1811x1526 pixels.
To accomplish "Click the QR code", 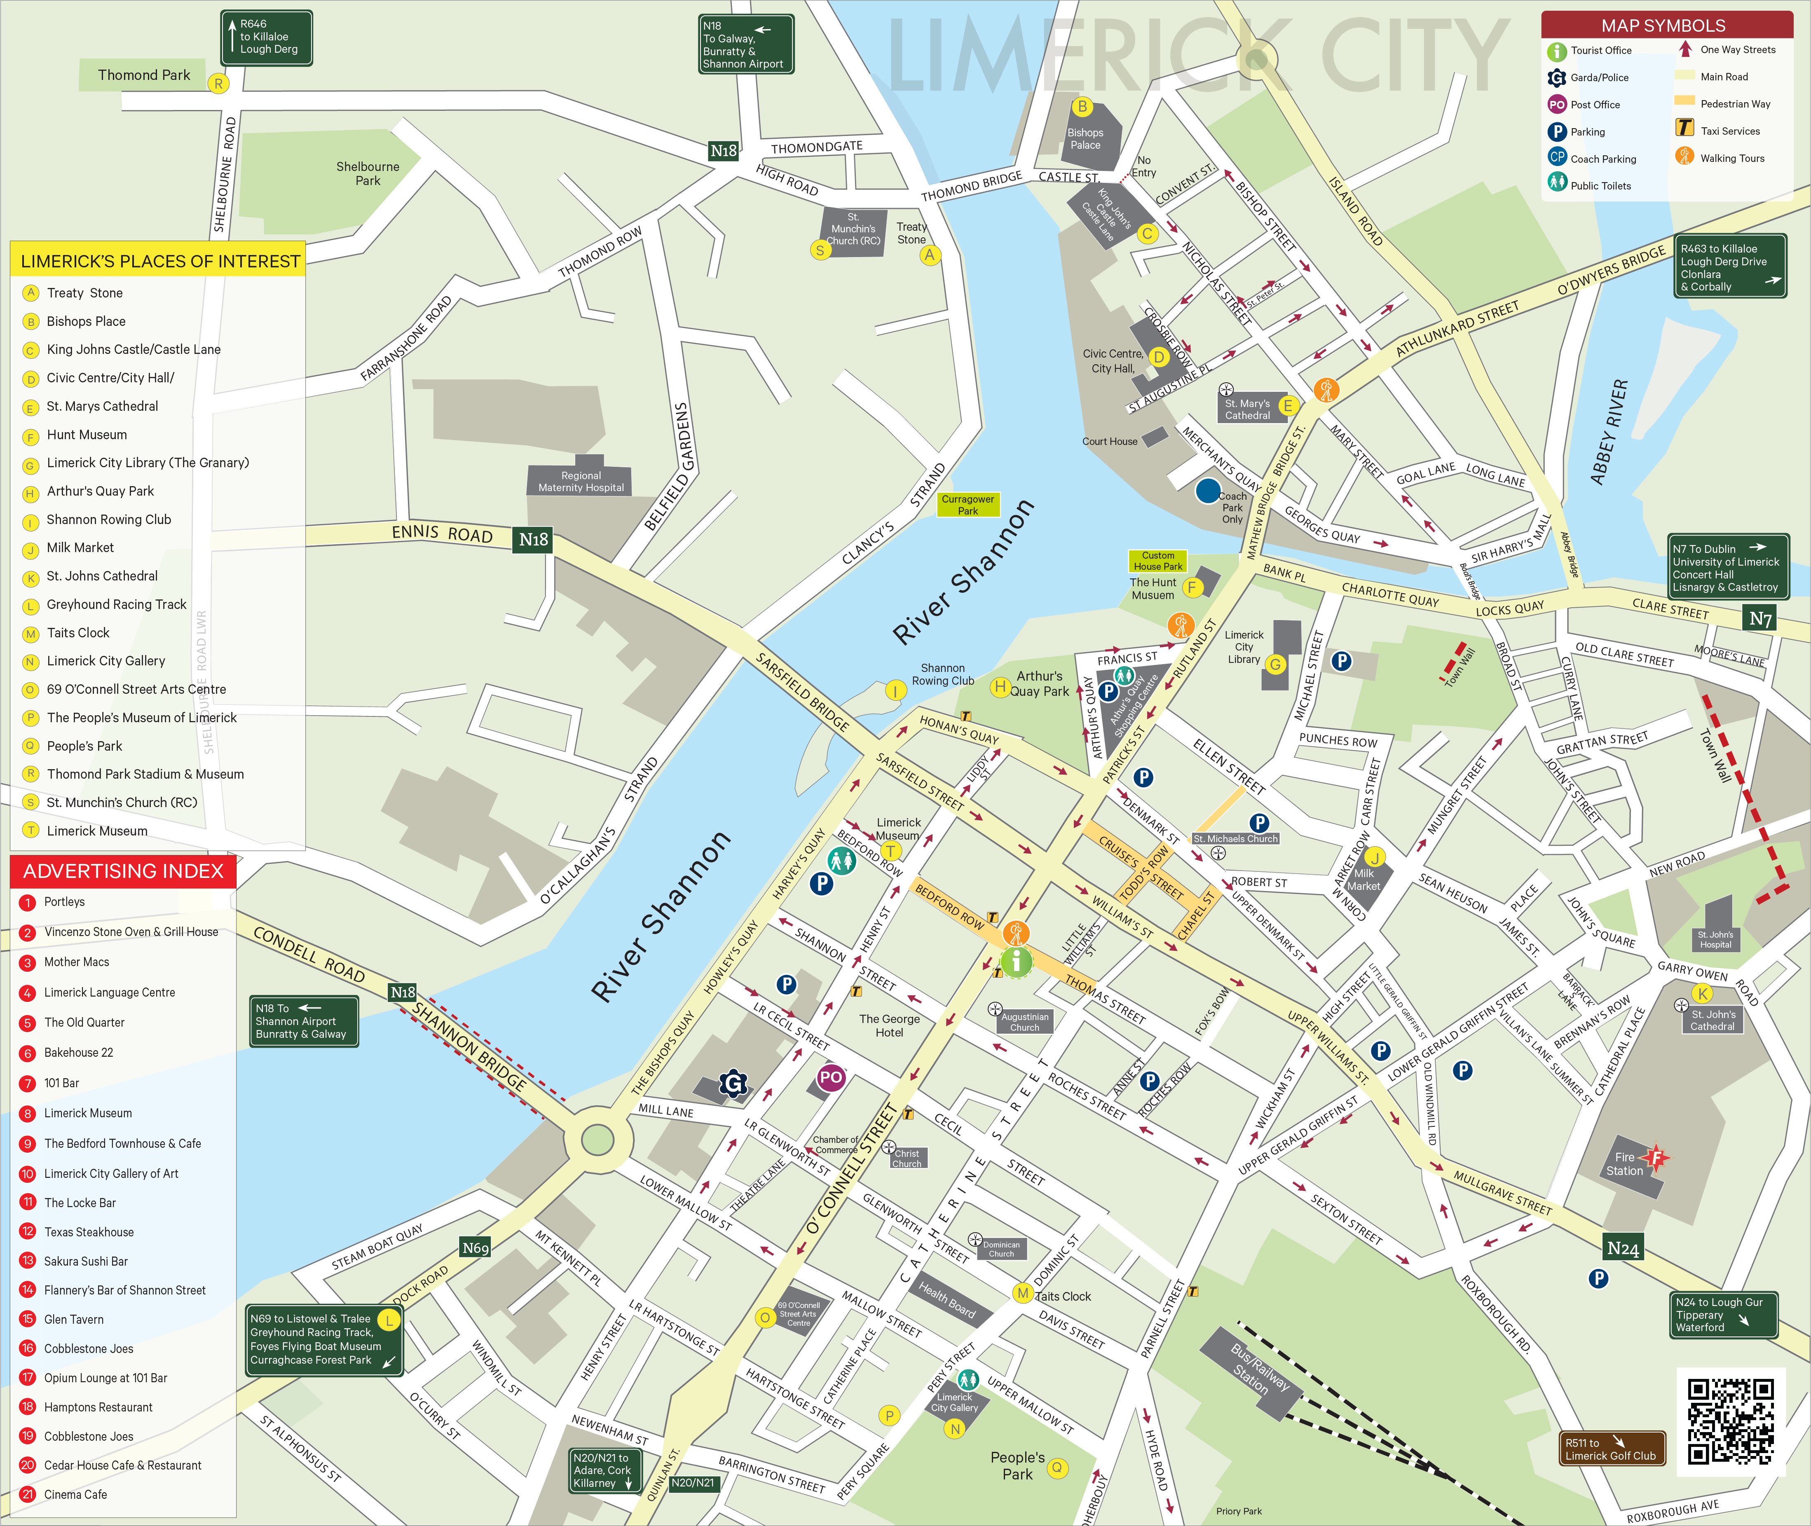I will tap(1731, 1421).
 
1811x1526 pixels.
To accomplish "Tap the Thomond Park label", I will tap(144, 75).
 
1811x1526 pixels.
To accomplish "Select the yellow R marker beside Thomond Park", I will tap(218, 83).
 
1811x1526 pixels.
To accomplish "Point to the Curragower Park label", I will tap(968, 504).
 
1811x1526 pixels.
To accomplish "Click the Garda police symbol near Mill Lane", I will tap(733, 1083).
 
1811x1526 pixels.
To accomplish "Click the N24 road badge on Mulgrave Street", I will tap(1622, 1248).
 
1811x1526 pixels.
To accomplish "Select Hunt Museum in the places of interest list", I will tap(87, 434).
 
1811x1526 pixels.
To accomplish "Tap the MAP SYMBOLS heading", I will tap(1663, 25).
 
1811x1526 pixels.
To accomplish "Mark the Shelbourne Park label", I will tap(368, 173).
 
